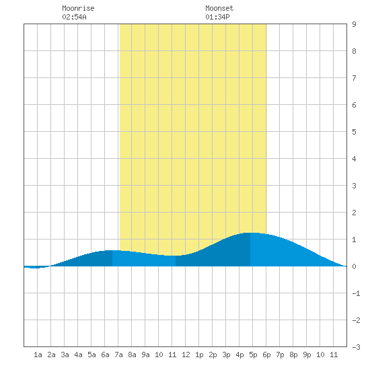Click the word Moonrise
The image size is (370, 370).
coord(78,8)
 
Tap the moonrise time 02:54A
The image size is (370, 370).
coord(74,17)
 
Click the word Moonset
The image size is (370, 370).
coord(219,8)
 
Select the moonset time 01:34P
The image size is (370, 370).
coord(217,17)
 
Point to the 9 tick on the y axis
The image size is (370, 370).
coord(354,24)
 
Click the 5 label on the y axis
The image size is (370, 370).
coord(354,132)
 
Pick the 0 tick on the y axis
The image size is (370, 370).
coord(354,266)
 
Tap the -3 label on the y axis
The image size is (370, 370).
coord(356,347)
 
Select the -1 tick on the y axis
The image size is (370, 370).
coord(356,293)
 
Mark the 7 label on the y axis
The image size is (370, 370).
coord(354,78)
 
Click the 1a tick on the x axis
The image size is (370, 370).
coord(38,355)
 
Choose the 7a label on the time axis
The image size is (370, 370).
coord(118,355)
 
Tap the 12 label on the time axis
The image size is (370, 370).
coord(186,355)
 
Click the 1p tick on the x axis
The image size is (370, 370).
coord(199,355)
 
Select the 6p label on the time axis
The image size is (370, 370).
coord(266,355)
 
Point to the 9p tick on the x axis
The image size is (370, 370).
coord(307,355)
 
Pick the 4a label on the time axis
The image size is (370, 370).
coord(78,355)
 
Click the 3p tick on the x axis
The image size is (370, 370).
coord(226,355)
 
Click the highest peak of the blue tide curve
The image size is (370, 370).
coord(250,233)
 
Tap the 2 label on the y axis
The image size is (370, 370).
coord(354,213)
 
